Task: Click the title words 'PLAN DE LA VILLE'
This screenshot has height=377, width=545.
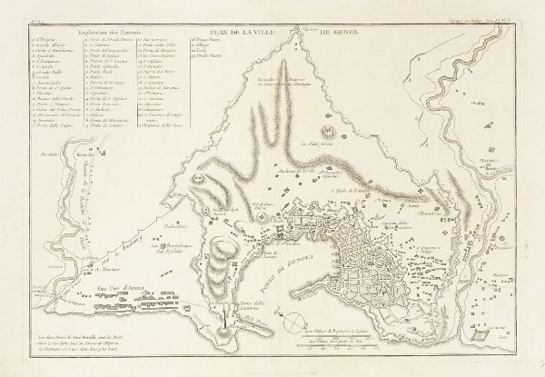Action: [261, 33]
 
